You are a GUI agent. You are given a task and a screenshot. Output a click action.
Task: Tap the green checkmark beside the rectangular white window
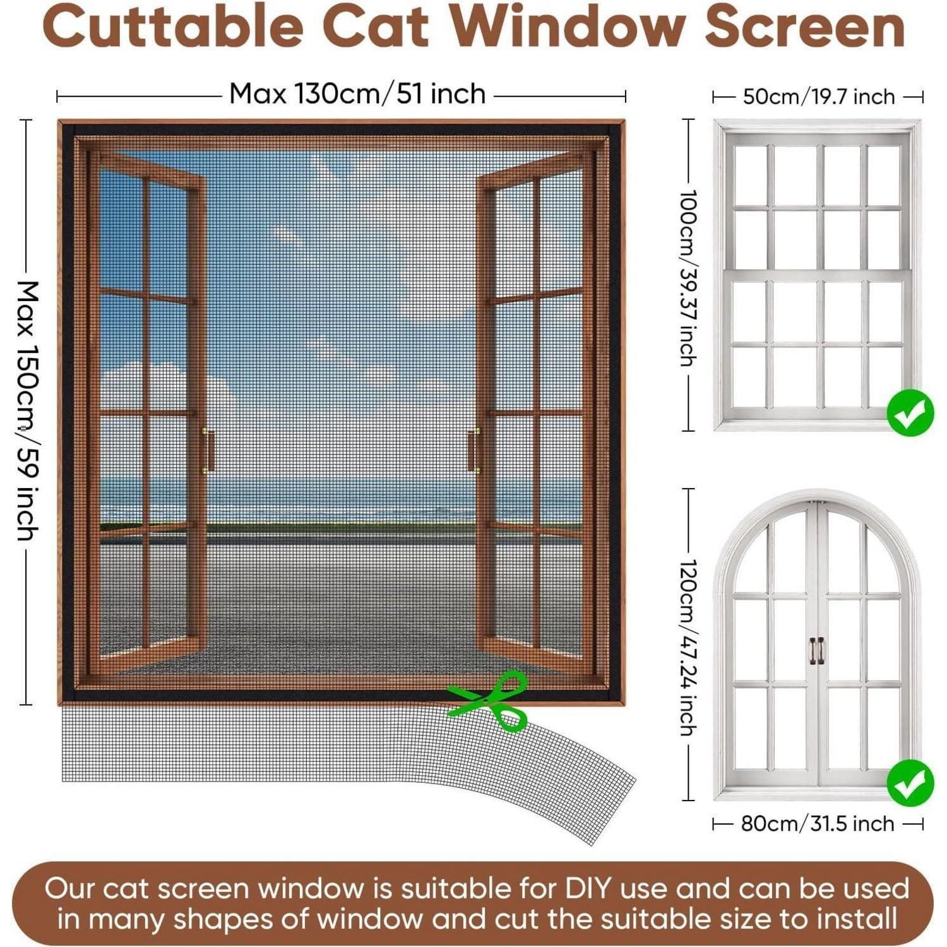(x=910, y=413)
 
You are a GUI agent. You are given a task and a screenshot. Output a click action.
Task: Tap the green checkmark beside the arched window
(x=910, y=783)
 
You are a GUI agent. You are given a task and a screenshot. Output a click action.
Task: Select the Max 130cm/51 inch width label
(x=357, y=94)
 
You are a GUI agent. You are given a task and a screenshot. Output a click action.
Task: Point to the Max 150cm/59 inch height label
(x=28, y=411)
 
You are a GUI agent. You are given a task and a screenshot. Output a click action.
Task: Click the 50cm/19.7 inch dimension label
(x=819, y=97)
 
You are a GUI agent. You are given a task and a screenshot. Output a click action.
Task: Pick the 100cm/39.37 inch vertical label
(x=688, y=278)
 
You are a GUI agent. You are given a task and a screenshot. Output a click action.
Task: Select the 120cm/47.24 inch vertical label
(x=688, y=647)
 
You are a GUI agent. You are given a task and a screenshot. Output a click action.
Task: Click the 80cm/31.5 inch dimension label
(x=818, y=823)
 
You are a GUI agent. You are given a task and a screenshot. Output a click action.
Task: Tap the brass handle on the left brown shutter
(x=208, y=450)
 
